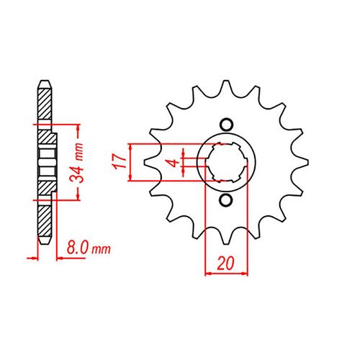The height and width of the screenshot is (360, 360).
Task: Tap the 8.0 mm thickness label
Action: point(91,249)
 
